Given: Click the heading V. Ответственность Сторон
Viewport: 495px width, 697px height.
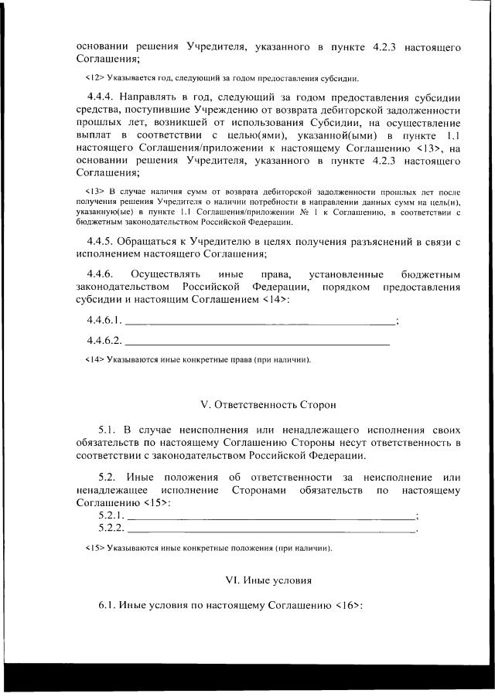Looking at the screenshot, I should click(x=268, y=404).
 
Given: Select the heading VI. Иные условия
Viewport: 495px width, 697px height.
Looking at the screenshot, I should click(x=268, y=579).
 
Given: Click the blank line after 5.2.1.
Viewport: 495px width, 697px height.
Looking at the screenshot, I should click(x=271, y=515).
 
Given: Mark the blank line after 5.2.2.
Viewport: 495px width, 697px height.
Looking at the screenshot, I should click(x=271, y=529).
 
